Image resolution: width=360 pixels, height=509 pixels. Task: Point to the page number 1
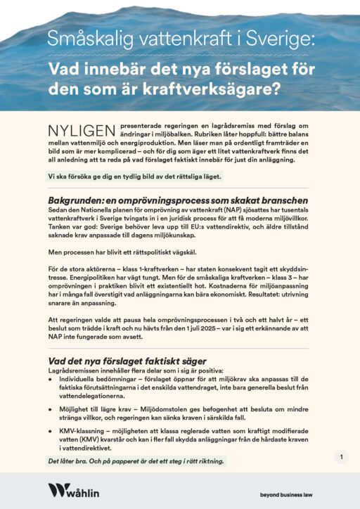340,458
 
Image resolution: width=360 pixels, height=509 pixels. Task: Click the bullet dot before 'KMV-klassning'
50,430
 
